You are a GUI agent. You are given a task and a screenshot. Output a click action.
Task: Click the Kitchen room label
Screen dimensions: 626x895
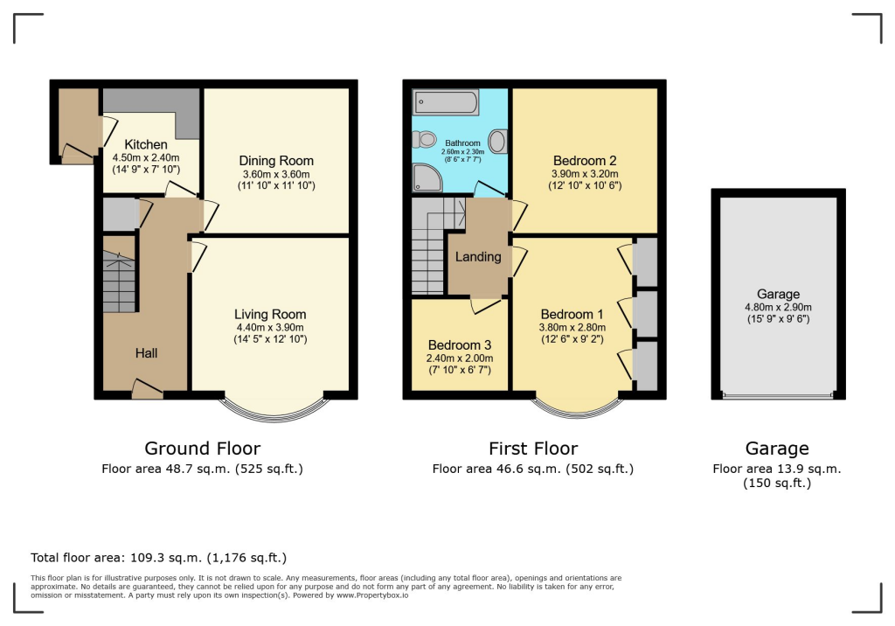[145, 144]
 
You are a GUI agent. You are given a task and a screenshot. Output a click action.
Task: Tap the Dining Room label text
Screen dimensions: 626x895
[276, 161]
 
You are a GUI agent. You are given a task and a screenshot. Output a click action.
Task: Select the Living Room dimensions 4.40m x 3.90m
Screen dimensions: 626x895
[269, 327]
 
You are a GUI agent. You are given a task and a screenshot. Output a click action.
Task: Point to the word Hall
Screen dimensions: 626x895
[146, 353]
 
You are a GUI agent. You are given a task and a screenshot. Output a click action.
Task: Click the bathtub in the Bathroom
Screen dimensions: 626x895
[447, 104]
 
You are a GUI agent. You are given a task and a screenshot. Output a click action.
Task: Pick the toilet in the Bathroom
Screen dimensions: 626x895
[426, 139]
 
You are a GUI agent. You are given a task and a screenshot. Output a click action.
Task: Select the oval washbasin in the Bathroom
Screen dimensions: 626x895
[499, 142]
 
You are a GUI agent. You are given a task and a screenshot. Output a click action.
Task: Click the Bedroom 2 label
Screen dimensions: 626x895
[585, 161]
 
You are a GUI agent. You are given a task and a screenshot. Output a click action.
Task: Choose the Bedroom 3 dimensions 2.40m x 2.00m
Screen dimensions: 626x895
[460, 358]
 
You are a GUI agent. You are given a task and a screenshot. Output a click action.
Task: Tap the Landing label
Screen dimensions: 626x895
[478, 256]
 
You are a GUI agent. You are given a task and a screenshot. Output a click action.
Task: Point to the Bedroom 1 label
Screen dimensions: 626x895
[572, 315]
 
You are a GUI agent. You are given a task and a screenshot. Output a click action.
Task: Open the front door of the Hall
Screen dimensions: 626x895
[147, 390]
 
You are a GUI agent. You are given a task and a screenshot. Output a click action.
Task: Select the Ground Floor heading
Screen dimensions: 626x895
[202, 449]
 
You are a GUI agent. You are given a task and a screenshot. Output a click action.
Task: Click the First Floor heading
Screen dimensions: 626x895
[532, 449]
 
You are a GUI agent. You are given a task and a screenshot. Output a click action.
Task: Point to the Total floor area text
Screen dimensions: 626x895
[158, 557]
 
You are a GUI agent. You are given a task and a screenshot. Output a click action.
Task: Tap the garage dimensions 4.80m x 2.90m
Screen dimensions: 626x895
[777, 307]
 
